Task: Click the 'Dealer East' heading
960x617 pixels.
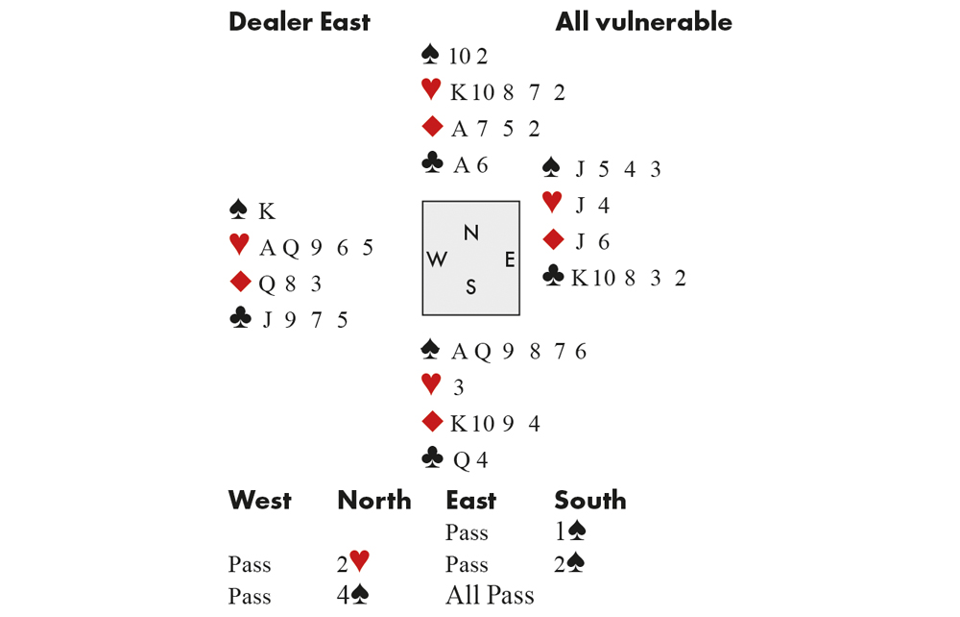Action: pos(300,22)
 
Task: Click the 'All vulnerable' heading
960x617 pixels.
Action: pos(643,22)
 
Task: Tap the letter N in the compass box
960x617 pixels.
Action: pos(470,233)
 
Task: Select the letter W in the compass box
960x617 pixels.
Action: pos(437,259)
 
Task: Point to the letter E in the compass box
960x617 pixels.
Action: pos(510,259)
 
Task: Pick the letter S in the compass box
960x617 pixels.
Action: pos(470,286)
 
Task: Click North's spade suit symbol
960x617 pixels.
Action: pos(430,55)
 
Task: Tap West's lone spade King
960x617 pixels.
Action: pos(266,211)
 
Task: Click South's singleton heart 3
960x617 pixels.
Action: pos(459,387)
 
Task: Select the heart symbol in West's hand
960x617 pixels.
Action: pos(239,244)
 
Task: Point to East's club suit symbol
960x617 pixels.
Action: pos(553,276)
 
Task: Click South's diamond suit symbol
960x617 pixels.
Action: pos(432,422)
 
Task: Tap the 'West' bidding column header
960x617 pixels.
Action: pos(259,501)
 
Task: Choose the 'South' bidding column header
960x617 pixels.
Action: pos(590,501)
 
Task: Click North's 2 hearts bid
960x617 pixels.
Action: pos(353,562)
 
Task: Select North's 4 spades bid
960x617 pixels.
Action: pos(352,594)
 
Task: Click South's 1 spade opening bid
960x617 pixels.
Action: pos(570,531)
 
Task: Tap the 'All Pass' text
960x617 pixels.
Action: pos(490,595)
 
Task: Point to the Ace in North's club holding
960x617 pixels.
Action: pos(461,165)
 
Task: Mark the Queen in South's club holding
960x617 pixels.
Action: pos(463,460)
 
